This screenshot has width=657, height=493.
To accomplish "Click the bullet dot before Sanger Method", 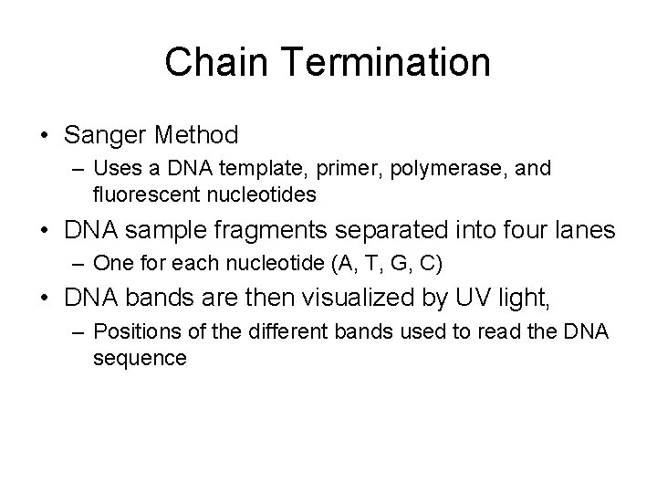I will tap(45, 137).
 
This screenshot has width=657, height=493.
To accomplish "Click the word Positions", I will tap(130, 330).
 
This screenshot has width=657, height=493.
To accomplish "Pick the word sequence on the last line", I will tap(139, 357).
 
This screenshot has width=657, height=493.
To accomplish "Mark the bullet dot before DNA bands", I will tap(45, 297).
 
